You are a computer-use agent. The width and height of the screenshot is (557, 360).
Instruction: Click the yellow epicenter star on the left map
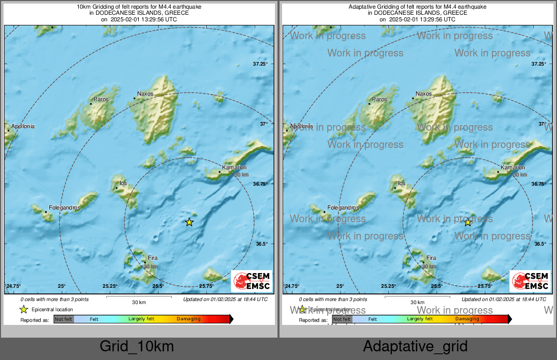click(189, 222)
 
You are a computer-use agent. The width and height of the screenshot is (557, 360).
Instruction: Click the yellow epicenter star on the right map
click(468, 222)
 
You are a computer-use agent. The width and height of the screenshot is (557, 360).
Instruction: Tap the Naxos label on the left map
click(145, 94)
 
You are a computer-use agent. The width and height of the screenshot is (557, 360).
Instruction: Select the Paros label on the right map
click(380, 100)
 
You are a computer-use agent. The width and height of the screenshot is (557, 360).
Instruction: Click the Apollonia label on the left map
click(22, 126)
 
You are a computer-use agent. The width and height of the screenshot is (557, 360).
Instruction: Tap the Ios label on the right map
click(401, 183)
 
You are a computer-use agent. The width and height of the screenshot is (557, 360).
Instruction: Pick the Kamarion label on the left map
click(234, 167)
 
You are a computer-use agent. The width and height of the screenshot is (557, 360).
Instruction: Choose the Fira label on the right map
click(431, 258)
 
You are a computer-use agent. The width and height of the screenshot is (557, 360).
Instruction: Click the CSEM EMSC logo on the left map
click(252, 281)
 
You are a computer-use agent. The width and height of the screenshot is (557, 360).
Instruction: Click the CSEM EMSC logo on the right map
click(530, 281)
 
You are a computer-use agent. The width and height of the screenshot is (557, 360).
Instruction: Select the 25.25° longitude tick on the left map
click(110, 286)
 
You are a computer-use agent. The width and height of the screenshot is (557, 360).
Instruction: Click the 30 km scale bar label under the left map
click(139, 302)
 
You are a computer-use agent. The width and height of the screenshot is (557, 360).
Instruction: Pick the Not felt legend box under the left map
click(64, 319)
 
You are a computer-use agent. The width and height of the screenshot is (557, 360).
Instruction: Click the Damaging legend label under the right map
click(467, 319)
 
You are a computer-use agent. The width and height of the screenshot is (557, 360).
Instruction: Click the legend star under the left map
click(23, 309)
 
